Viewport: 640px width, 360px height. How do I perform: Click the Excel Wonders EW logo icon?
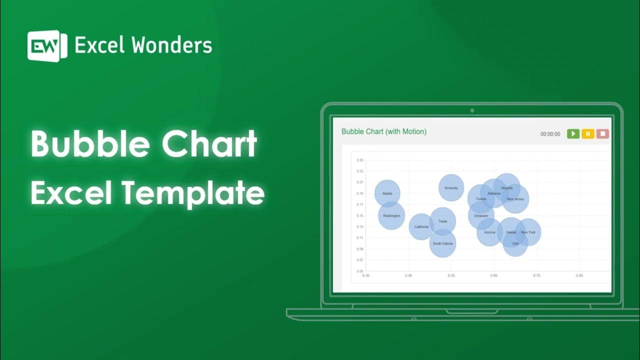[x=47, y=46]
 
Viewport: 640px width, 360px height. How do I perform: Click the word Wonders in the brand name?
[x=171, y=45]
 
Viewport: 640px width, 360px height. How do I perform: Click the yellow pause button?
[x=587, y=134]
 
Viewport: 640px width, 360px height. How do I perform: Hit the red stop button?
[x=602, y=134]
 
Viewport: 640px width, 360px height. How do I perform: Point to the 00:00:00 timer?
[x=550, y=134]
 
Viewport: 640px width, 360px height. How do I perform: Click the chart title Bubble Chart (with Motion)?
[x=383, y=131]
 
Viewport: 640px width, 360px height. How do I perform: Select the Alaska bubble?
[x=387, y=193]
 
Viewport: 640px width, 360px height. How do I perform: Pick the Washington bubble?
[x=391, y=215]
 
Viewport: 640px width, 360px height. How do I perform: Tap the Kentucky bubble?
[x=451, y=187]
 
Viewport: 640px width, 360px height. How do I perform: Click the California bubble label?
[x=421, y=226]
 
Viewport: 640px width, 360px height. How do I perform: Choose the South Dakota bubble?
[x=442, y=243]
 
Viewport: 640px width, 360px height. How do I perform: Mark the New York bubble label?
[x=528, y=232]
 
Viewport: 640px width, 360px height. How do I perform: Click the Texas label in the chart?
[x=443, y=221]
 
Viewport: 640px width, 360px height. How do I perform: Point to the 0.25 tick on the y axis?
[x=359, y=160]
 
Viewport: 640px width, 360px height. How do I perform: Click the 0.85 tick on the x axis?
[x=579, y=275]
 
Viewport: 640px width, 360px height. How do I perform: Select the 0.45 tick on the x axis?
[x=408, y=275]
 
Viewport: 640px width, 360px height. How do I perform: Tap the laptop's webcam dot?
[x=472, y=110]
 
